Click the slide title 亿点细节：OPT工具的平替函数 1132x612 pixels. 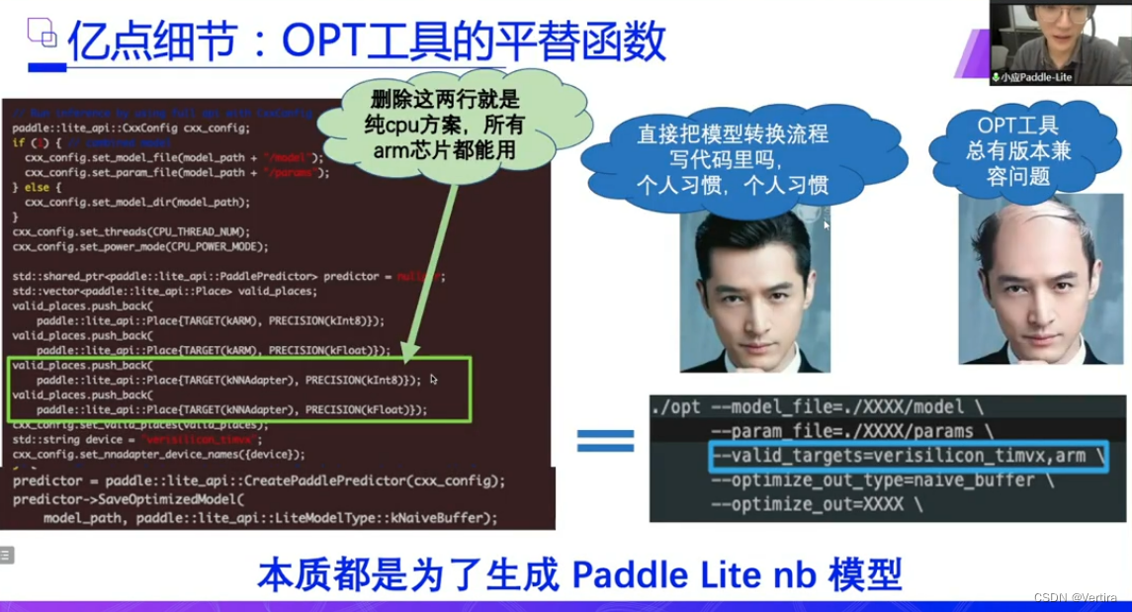click(366, 41)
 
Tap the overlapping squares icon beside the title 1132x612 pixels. click(42, 34)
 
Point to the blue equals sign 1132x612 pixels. click(605, 441)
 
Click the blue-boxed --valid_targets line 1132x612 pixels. click(907, 456)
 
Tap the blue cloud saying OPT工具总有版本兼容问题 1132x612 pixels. click(1018, 151)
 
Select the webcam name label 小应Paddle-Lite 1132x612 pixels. click(1036, 76)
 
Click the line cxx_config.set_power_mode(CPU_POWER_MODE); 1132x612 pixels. click(140, 246)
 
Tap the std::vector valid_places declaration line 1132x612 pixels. click(164, 291)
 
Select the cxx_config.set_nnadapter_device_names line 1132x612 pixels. click(158, 454)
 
